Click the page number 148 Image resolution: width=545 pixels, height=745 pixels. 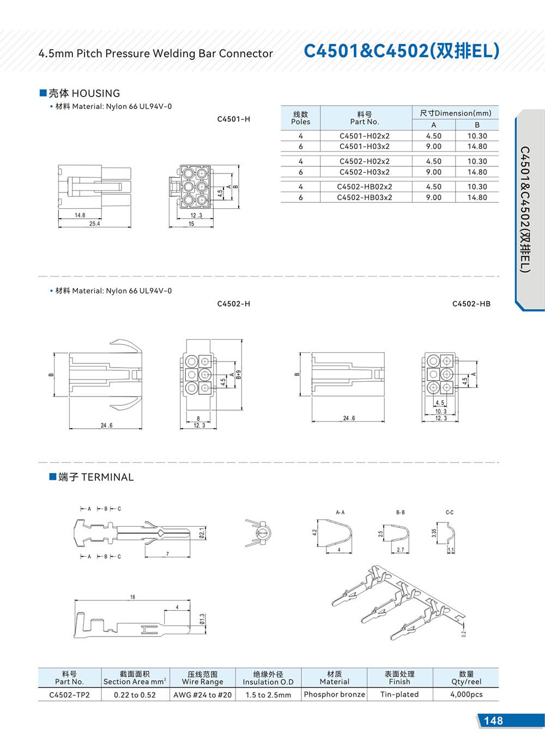(x=493, y=720)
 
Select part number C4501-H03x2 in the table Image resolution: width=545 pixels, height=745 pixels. (x=364, y=146)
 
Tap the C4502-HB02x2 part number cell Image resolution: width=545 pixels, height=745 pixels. (x=364, y=187)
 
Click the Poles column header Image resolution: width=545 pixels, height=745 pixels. (x=300, y=118)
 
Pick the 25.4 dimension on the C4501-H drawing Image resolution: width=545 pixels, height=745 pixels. (x=94, y=224)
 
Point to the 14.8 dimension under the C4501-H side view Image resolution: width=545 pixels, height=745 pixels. (x=80, y=215)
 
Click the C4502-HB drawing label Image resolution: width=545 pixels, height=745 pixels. (x=471, y=304)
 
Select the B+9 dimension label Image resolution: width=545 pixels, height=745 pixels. (x=239, y=375)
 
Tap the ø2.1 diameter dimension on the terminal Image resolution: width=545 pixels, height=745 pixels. (x=203, y=533)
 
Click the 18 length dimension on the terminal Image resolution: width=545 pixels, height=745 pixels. (x=132, y=597)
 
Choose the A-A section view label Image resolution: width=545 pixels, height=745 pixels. (x=340, y=513)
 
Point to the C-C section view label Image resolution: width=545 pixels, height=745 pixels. (x=449, y=513)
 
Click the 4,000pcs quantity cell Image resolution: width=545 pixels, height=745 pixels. (x=466, y=694)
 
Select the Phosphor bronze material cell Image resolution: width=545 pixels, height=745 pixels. (x=334, y=694)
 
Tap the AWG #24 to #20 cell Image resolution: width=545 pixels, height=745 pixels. (x=202, y=695)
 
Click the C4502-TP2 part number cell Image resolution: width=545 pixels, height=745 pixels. (x=69, y=695)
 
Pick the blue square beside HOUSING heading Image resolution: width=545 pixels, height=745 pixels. (x=43, y=93)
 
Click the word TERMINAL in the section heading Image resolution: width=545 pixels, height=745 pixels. (x=107, y=477)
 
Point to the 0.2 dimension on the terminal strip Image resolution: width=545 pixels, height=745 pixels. (x=464, y=634)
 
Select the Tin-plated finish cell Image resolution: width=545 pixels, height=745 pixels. (x=399, y=694)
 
